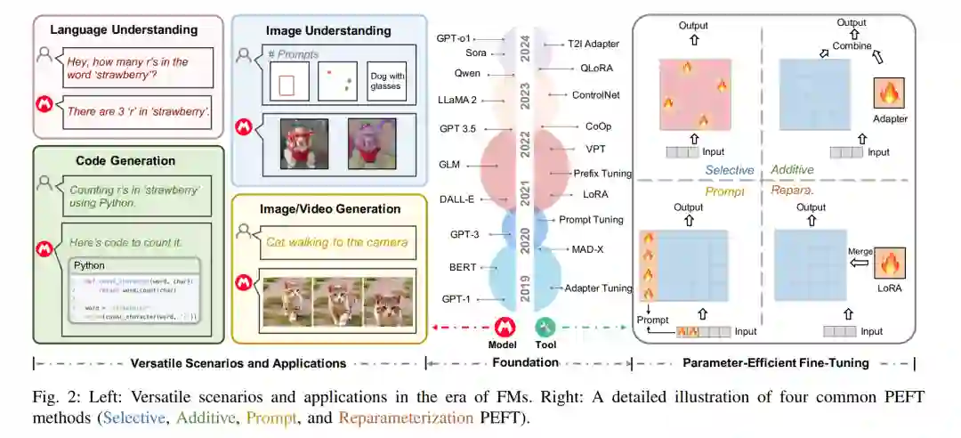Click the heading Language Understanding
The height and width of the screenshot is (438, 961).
click(124, 30)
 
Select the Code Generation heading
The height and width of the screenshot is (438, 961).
click(124, 161)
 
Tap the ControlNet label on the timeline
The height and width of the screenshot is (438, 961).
click(595, 94)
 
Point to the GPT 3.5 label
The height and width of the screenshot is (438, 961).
click(458, 128)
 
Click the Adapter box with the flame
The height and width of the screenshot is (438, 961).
click(890, 97)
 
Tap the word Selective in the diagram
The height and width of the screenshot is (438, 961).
click(730, 170)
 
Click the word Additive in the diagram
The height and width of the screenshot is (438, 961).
click(792, 170)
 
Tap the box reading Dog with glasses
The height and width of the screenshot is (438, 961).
click(386, 80)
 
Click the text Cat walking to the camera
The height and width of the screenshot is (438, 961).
click(324, 241)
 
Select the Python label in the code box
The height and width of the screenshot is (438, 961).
click(90, 265)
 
